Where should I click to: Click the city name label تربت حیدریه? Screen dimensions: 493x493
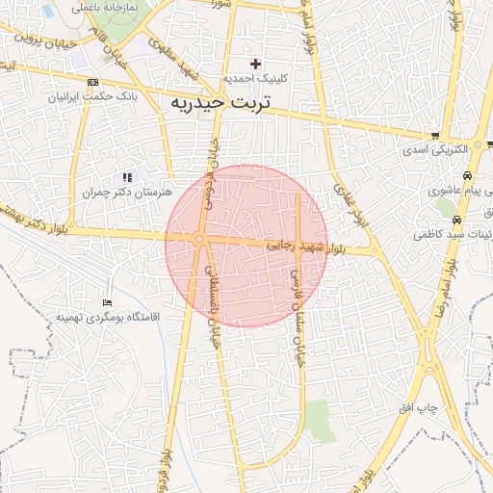click(x=221, y=102)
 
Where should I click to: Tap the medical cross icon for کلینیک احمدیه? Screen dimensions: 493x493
click(x=255, y=63)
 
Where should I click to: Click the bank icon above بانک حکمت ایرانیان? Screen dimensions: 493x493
click(x=92, y=83)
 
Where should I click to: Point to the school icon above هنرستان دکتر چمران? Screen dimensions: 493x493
click(x=127, y=177)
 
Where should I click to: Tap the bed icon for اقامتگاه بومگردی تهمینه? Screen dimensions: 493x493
click(x=107, y=302)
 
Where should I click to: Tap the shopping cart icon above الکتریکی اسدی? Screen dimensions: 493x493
click(x=436, y=136)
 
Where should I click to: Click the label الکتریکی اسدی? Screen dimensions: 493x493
click(x=434, y=150)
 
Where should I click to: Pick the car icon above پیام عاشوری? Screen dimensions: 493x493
click(x=467, y=177)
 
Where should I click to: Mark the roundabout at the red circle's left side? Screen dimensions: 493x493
click(x=199, y=239)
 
